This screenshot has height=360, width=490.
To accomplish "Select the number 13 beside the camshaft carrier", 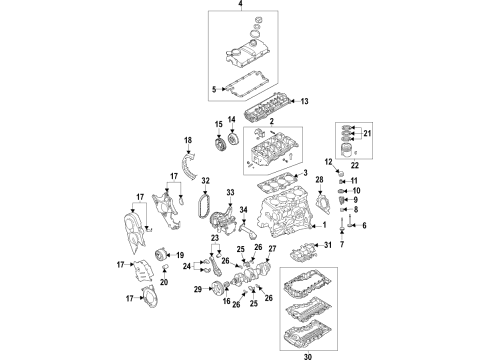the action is tap(304, 101).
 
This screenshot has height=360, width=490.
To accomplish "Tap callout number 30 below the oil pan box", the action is tap(308, 356).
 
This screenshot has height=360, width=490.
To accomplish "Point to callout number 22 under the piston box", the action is tap(355, 165).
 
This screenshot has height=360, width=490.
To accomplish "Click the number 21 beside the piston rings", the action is tap(367, 133).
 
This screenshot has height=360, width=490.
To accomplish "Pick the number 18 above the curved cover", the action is tap(188, 140).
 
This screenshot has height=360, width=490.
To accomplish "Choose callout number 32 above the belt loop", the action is tap(206, 181).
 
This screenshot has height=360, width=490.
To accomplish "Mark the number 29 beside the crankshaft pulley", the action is tap(198, 289).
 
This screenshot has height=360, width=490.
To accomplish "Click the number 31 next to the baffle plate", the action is tap(328, 245).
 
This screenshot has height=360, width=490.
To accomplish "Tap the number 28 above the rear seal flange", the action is tap(319, 180).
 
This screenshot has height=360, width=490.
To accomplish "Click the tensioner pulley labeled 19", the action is tap(161, 256).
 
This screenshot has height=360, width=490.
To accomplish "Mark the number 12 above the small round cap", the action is tap(328, 162).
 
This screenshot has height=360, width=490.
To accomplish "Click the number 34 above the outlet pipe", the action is tap(244, 210).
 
